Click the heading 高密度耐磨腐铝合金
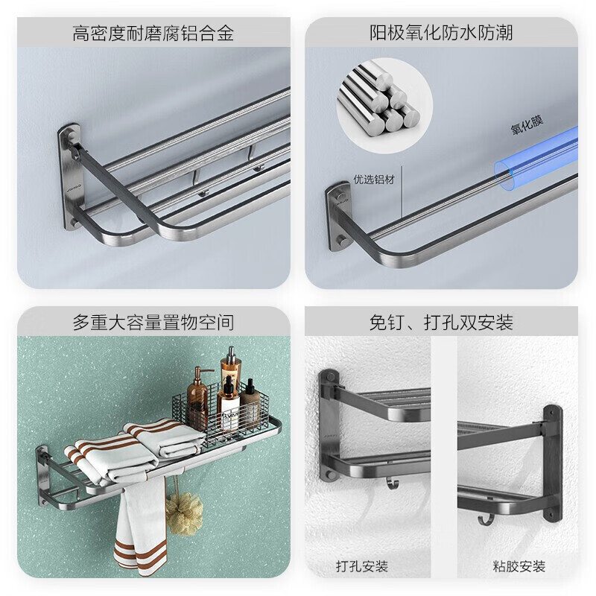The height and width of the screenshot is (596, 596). [x=153, y=33]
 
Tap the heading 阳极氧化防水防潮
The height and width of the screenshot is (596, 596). [x=441, y=33]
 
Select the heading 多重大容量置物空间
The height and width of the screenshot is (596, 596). [x=153, y=323]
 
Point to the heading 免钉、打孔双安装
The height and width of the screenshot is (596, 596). [x=441, y=323]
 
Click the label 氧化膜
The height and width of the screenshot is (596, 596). [x=527, y=125]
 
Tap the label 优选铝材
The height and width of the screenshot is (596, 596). [x=374, y=180]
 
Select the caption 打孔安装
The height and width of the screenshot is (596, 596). [x=362, y=566]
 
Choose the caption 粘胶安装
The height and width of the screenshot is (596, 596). [x=519, y=566]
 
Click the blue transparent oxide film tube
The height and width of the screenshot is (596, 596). [x=536, y=159]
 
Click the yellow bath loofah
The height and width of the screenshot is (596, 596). [x=184, y=514]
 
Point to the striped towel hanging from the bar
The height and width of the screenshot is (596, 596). [x=140, y=527]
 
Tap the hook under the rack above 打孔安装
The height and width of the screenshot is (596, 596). [x=393, y=484]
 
